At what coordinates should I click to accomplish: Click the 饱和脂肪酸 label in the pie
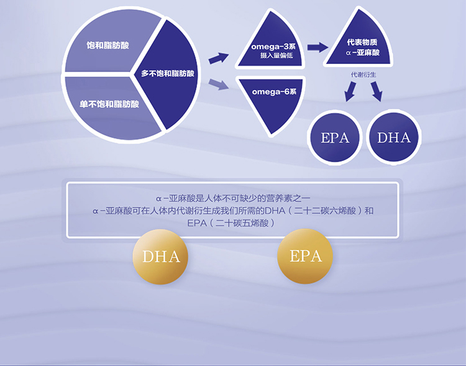pyautogui.click(x=107, y=45)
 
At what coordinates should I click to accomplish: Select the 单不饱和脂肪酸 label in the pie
pyautogui.click(x=109, y=104)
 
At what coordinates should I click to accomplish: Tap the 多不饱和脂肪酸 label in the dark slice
pyautogui.click(x=167, y=73)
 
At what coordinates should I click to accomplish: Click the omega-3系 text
pyautogui.click(x=273, y=47)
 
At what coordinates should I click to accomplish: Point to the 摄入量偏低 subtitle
pyautogui.click(x=276, y=55)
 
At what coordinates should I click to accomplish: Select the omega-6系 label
pyautogui.click(x=274, y=91)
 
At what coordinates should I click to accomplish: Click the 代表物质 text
pyautogui.click(x=362, y=42)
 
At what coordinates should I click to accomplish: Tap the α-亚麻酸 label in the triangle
pyautogui.click(x=363, y=53)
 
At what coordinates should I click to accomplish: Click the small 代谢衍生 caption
pyautogui.click(x=363, y=75)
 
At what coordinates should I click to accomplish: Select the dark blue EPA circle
pyautogui.click(x=335, y=137)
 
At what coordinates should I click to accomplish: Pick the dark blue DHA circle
pyautogui.click(x=394, y=137)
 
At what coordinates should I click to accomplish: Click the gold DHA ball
pyautogui.click(x=160, y=257)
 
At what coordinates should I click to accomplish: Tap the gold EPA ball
pyautogui.click(x=305, y=256)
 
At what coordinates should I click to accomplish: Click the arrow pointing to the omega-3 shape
pyautogui.click(x=219, y=58)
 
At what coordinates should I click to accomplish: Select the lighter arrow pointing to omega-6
pyautogui.click(x=219, y=85)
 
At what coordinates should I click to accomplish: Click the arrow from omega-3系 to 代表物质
pyautogui.click(x=318, y=47)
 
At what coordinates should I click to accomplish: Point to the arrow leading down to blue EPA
pyautogui.click(x=350, y=91)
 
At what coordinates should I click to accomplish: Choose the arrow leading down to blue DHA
pyautogui.click(x=377, y=91)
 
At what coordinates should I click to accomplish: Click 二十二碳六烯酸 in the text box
pyautogui.click(x=325, y=211)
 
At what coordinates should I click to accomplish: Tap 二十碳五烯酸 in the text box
pyautogui.click(x=242, y=223)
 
